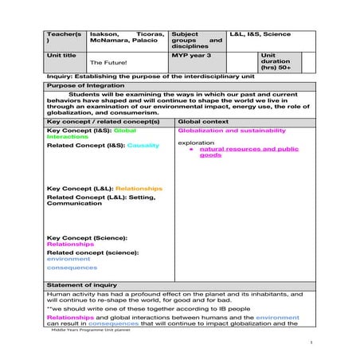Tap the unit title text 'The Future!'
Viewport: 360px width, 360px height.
(108, 61)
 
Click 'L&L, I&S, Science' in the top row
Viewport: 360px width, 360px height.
(260, 35)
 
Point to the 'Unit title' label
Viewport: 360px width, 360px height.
(61, 54)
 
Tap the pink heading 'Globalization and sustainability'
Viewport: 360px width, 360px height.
(227, 130)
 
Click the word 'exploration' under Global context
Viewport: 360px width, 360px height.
(196, 143)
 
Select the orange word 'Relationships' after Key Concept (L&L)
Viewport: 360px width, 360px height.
(139, 188)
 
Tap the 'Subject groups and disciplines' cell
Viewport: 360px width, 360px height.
(196, 40)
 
